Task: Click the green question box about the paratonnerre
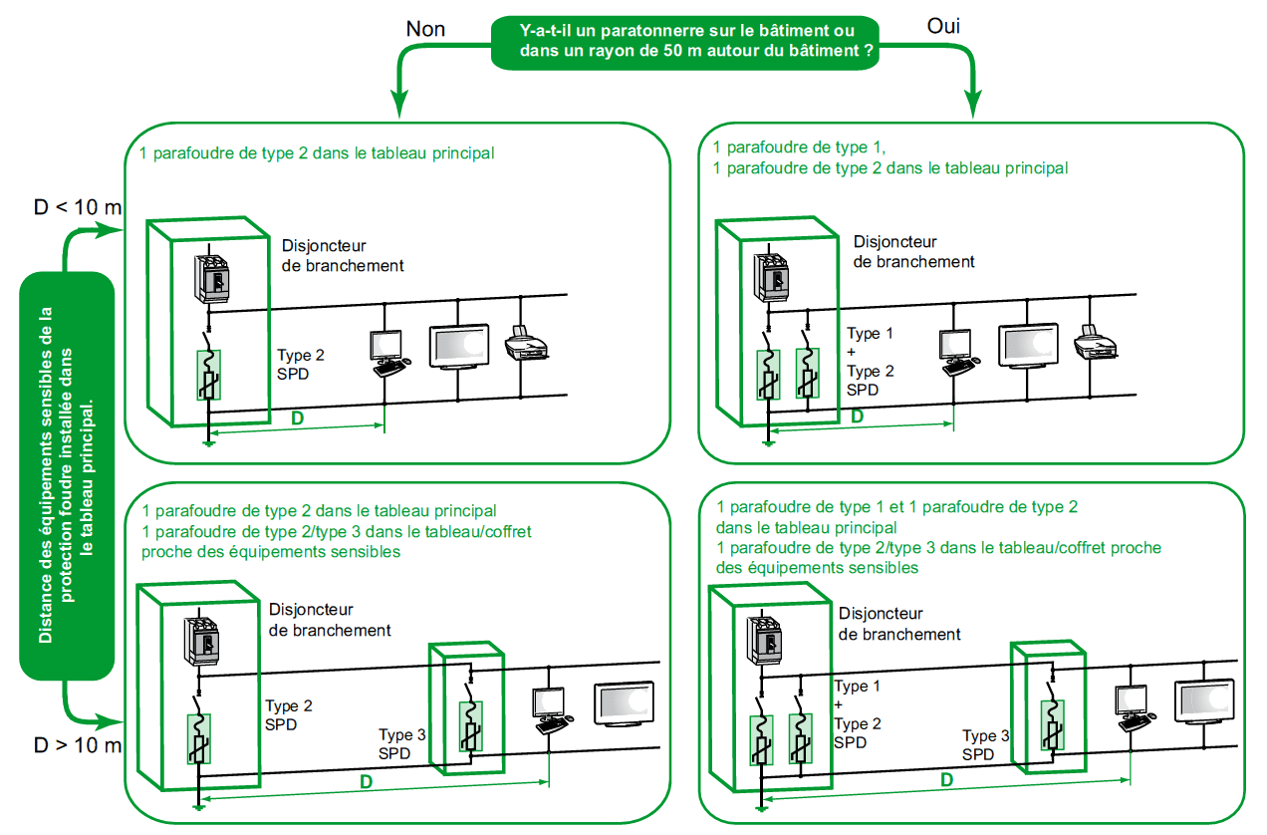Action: point(687,41)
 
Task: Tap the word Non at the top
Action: point(425,29)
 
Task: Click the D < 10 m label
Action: point(78,207)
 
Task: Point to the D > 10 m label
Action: point(78,745)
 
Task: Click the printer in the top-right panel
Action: point(1096,341)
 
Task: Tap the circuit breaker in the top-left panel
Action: point(212,278)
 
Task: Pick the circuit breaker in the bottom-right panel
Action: point(769,641)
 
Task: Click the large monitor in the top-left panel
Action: point(459,346)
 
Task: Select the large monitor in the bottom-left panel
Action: point(625,703)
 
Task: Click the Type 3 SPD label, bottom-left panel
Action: point(402,743)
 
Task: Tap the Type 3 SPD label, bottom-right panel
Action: point(984,745)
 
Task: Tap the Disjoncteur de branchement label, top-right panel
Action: point(913,251)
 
